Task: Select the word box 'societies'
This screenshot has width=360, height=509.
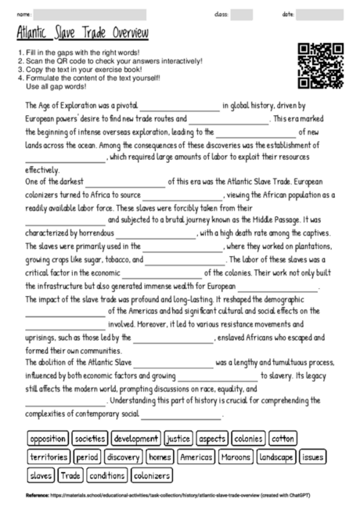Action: tap(91, 439)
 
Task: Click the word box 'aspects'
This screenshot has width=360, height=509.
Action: tap(211, 439)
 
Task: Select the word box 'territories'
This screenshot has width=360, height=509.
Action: tap(49, 457)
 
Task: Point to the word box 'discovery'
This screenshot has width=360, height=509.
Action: tap(124, 457)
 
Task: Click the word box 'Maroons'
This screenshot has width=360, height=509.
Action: tap(236, 457)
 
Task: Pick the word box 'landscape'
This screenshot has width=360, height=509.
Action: tap(276, 457)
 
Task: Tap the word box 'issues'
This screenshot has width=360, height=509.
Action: tap(312, 457)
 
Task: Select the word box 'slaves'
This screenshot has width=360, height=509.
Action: tap(41, 475)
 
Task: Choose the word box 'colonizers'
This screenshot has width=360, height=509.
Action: tap(151, 475)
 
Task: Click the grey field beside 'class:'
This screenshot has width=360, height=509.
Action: tap(242, 13)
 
